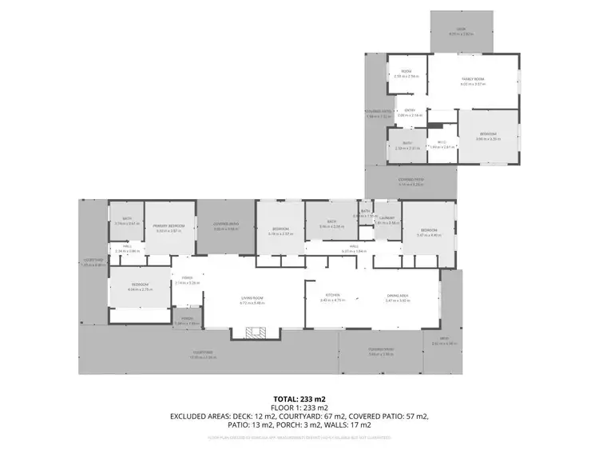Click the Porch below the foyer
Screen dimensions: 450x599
pyautogui.click(x=186, y=321)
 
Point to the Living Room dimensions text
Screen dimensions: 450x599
pyautogui.click(x=253, y=304)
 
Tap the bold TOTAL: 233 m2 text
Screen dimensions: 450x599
pyautogui.click(x=299, y=398)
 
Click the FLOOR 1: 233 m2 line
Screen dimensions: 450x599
pyautogui.click(x=299, y=407)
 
